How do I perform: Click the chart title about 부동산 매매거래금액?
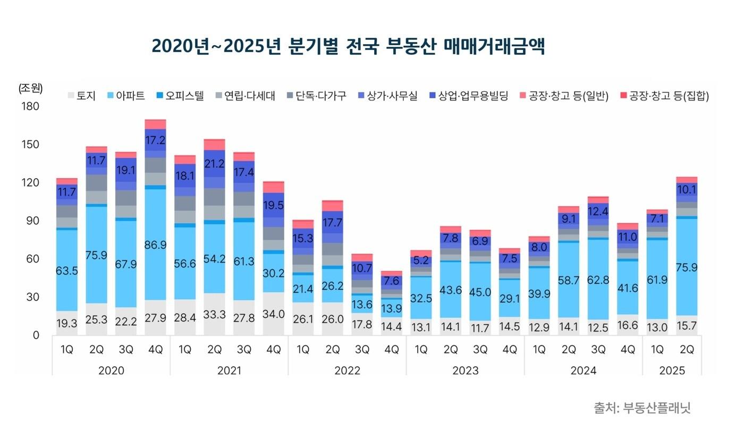tap(348, 46)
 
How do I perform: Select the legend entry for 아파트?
tap(125, 96)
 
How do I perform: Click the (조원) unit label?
tap(30, 88)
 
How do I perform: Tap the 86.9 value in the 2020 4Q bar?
tap(155, 246)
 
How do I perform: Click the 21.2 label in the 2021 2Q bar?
tap(214, 163)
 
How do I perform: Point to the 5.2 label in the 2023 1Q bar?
tap(421, 260)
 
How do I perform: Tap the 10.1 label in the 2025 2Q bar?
tap(687, 189)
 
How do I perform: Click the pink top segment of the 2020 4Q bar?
tap(155, 124)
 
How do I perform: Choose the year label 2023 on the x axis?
tap(465, 370)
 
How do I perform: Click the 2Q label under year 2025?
tap(687, 350)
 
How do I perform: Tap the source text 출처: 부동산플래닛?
tap(641, 408)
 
